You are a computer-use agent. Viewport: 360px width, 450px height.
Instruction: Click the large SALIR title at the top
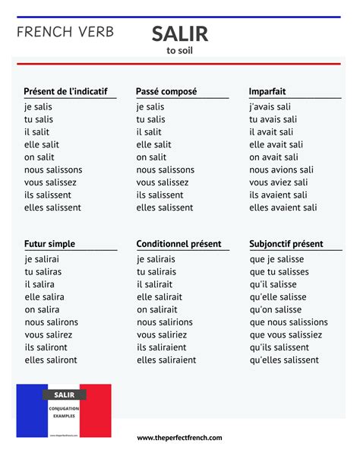(179, 33)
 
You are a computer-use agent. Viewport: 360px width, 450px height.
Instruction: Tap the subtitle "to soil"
(179, 51)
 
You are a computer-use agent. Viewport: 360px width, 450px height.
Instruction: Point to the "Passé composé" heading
(166, 91)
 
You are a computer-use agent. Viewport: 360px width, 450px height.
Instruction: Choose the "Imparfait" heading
(267, 91)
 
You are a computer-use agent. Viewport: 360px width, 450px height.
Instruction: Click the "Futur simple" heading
(50, 244)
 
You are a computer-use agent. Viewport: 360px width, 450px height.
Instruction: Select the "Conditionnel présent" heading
(178, 244)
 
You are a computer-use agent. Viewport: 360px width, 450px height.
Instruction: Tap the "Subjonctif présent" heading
(286, 244)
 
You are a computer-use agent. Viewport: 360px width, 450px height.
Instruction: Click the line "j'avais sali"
(270, 107)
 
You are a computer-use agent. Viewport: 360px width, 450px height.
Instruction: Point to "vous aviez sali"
(279, 182)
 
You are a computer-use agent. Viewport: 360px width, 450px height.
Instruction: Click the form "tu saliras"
(43, 271)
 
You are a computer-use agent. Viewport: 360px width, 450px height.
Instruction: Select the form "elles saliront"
(51, 360)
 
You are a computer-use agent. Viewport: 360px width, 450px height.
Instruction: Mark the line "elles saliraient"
(166, 360)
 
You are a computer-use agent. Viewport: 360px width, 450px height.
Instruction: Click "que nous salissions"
(289, 322)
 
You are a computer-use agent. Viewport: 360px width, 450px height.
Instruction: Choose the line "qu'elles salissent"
(284, 360)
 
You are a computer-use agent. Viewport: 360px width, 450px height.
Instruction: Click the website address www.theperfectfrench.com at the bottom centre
(179, 438)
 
